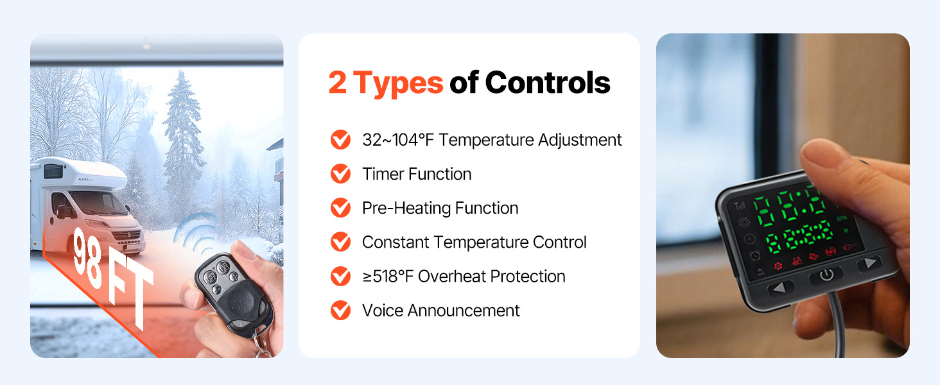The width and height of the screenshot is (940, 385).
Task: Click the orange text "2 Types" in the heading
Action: (386, 83)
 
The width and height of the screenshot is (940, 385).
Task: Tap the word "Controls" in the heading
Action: (548, 81)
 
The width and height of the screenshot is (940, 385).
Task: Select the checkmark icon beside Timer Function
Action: (340, 174)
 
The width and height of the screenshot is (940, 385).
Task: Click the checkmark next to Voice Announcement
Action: (340, 311)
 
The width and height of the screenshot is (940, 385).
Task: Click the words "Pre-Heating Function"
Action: (440, 208)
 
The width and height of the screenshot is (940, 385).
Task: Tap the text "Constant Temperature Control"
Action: (474, 242)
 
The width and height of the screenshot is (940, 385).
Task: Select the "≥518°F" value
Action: (388, 277)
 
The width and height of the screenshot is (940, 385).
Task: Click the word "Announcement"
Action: (464, 311)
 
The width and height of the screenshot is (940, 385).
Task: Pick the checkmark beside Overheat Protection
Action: (340, 277)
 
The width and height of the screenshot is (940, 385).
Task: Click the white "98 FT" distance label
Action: (111, 275)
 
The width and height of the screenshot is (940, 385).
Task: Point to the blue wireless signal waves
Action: (195, 235)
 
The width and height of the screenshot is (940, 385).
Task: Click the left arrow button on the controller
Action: (780, 289)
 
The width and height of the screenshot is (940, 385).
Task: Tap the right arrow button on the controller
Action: (869, 263)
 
